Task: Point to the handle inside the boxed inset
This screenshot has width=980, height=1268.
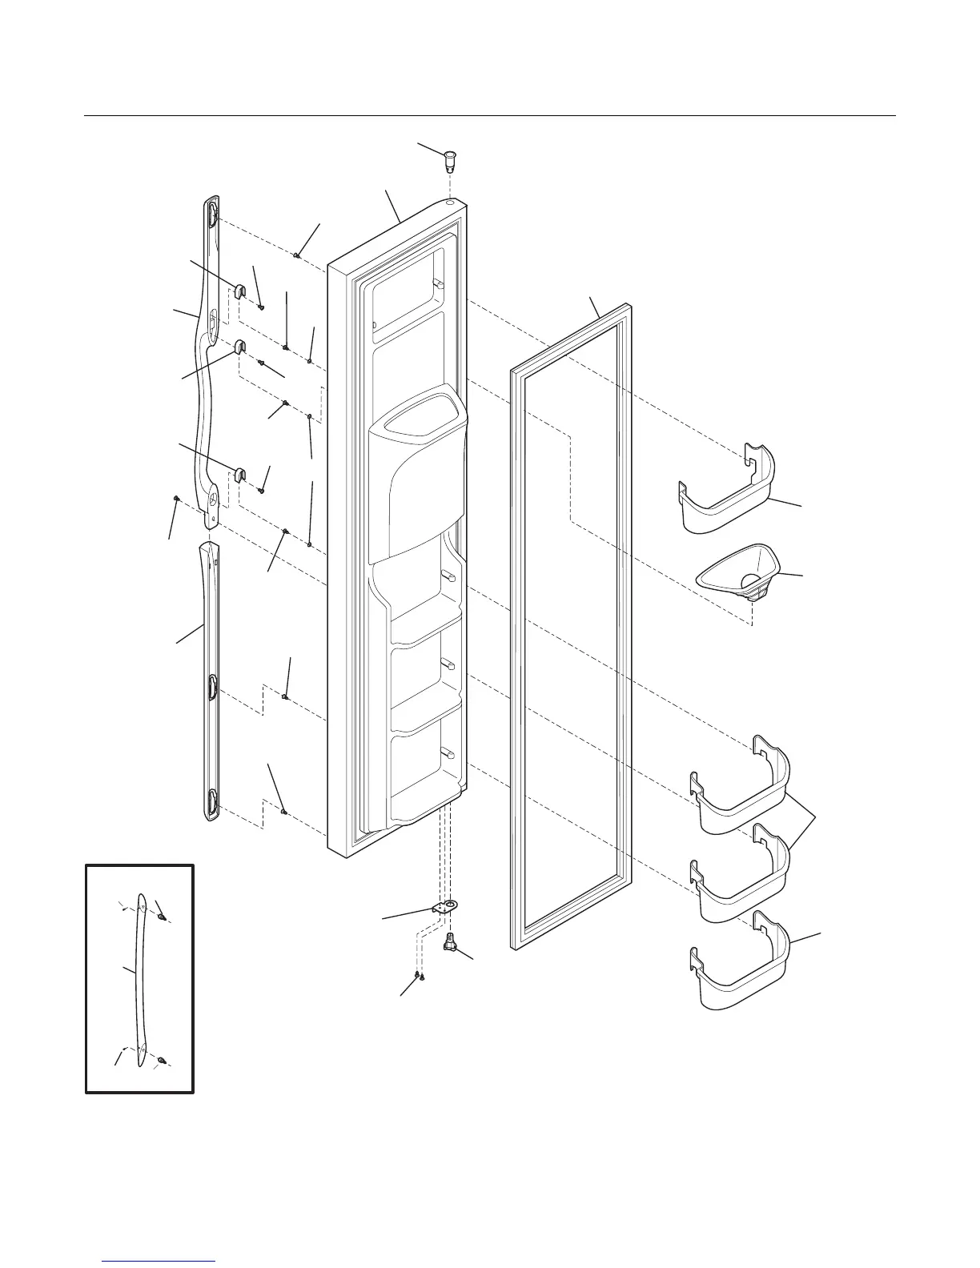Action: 140,981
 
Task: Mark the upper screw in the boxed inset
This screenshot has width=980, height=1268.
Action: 161,917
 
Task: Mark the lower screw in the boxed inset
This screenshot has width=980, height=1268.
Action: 161,1060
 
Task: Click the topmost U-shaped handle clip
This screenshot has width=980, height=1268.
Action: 239,291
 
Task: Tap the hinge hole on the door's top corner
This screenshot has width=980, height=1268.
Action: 451,204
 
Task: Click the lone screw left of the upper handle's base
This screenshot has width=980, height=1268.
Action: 175,498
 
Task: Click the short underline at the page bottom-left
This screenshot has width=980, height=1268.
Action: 160,1262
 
